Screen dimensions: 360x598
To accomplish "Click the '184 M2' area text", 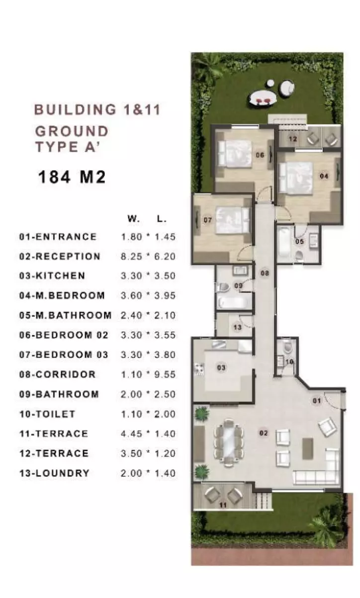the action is click(72, 177).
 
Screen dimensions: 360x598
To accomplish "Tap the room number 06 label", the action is click(260, 155).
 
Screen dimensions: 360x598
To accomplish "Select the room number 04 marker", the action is click(324, 176).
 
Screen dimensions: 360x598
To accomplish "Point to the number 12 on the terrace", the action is click(293, 139).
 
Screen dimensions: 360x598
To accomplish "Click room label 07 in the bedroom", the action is click(208, 220).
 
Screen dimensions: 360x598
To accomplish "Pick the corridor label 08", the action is click(265, 273).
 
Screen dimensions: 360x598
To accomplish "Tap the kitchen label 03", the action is click(221, 368).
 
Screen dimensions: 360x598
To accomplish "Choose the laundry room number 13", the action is click(237, 327).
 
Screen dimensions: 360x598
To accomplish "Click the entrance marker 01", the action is click(317, 400).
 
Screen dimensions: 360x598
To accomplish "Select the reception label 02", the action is click(264, 433).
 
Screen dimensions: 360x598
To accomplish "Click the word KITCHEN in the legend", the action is click(60, 276).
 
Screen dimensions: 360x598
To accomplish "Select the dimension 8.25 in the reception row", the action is click(131, 256).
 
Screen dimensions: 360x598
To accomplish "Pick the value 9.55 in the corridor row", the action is click(165, 374).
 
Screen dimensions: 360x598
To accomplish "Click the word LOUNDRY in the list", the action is click(63, 473).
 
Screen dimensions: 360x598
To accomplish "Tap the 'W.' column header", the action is click(133, 219).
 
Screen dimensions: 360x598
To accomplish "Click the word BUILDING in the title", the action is click(76, 110).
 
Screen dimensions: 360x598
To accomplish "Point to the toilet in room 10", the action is click(288, 347).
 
